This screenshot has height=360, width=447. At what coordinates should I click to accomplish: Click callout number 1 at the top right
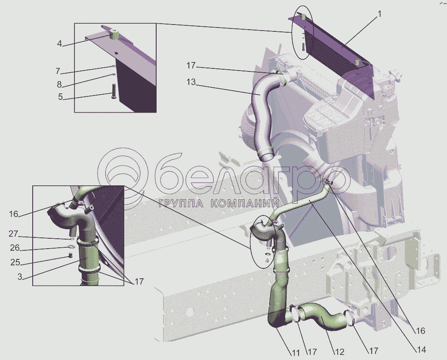(379, 14)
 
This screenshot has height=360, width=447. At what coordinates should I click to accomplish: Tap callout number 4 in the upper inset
(59, 44)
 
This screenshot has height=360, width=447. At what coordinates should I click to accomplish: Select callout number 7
(58, 71)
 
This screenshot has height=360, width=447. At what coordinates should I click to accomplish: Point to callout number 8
(59, 84)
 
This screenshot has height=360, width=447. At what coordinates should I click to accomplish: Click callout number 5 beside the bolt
(60, 97)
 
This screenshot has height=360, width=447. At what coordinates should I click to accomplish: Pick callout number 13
(191, 82)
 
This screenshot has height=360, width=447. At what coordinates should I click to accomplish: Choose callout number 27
(13, 234)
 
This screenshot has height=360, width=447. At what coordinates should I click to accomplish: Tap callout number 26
(15, 248)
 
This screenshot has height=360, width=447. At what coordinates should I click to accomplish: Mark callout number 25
(15, 262)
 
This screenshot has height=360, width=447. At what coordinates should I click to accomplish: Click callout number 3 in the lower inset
(19, 277)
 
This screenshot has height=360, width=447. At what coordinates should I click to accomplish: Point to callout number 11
(295, 353)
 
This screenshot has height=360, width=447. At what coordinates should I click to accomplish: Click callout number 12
(339, 352)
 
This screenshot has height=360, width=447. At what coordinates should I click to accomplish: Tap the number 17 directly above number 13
(191, 66)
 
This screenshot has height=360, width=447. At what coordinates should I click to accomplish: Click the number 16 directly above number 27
(13, 214)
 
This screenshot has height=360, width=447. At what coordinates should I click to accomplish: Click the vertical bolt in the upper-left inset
(113, 91)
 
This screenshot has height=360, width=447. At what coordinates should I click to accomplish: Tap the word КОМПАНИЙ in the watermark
(246, 203)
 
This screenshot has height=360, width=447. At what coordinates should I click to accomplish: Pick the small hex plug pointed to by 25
(71, 255)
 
